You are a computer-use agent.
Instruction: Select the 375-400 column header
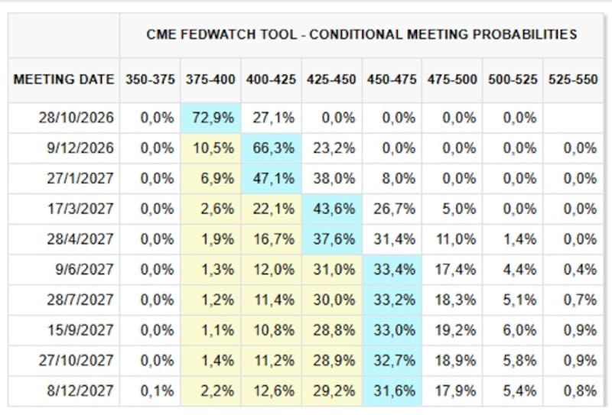pos(210,79)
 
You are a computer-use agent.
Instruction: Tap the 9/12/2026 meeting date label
pos(80,148)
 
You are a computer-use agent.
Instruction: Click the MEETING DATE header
pos(63,79)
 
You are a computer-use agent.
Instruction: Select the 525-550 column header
pos(573,79)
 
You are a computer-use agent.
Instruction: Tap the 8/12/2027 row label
pos(80,391)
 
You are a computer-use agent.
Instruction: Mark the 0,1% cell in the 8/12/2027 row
pos(158,391)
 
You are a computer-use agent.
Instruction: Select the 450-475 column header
pos(392,79)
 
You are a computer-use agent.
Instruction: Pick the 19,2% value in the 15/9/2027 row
pos(455,330)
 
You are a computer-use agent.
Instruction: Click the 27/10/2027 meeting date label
pos(76,360)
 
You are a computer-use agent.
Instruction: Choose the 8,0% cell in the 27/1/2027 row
pos(399,178)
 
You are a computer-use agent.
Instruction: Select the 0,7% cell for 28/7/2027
pos(580,300)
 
